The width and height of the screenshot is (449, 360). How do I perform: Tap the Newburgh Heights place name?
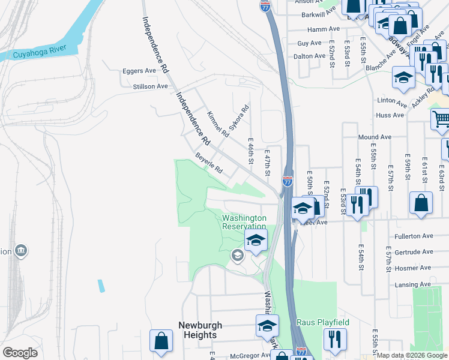(200, 330)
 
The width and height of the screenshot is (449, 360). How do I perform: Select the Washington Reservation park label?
(244, 222)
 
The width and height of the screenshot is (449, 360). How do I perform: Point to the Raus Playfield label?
(323, 323)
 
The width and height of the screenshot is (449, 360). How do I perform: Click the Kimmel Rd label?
(217, 123)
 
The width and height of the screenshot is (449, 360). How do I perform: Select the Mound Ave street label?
(375, 137)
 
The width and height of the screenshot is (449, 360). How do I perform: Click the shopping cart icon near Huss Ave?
(441, 118)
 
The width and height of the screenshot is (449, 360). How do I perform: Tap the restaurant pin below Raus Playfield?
(335, 340)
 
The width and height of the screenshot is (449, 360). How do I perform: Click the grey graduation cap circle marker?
(237, 256)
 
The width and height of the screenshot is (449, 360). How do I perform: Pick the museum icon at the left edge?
(22, 250)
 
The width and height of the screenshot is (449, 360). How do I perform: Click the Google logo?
(20, 353)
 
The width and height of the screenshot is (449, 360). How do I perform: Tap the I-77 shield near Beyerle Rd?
(288, 180)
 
